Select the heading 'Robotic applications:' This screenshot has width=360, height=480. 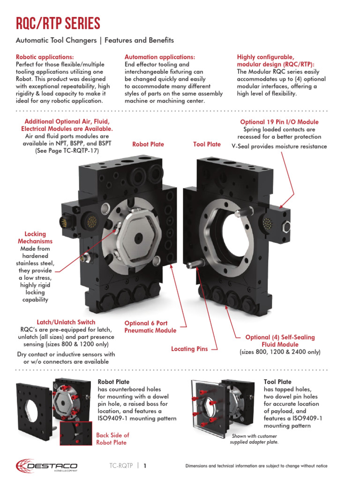point(45,57)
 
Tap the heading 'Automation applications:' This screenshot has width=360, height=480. point(159,57)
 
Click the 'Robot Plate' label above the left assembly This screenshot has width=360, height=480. point(148,144)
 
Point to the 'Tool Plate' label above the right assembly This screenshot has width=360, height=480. point(207,144)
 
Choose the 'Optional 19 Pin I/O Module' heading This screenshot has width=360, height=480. point(279,122)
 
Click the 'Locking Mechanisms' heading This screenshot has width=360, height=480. point(35,237)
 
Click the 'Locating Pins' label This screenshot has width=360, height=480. point(189,349)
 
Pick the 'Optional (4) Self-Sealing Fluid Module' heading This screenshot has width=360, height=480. point(280,341)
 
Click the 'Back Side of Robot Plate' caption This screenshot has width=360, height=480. point(112,439)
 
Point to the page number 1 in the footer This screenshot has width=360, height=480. point(145,466)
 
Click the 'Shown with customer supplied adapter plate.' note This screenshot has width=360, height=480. point(254,439)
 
